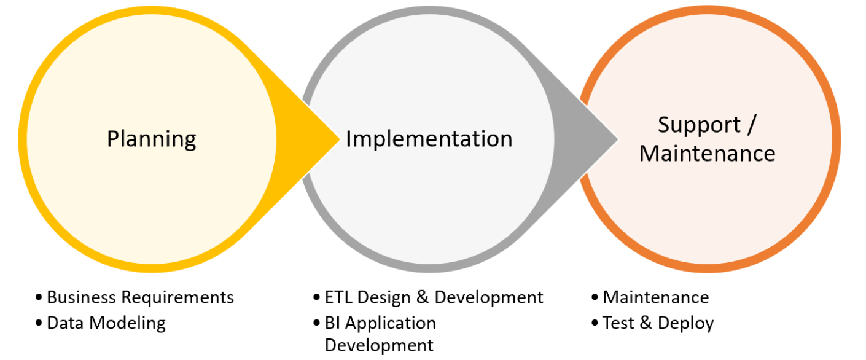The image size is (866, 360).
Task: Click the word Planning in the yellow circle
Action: [152, 139]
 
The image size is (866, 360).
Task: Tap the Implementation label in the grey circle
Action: [429, 139]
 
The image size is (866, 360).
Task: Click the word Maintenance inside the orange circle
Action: [707, 154]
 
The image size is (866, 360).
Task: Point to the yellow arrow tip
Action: [340, 139]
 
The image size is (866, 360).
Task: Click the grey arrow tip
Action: [618, 139]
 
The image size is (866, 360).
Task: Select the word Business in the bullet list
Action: [81, 297]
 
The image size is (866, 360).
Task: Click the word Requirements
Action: [177, 298]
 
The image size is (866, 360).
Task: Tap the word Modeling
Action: [128, 324]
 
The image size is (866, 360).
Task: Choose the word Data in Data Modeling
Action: [65, 323]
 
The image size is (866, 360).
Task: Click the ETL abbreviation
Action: [338, 297]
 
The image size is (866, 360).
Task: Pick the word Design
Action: [384, 298]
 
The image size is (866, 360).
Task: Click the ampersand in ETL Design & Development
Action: [423, 297]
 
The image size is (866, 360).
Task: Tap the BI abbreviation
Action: [332, 323]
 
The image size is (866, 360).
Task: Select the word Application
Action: [391, 324]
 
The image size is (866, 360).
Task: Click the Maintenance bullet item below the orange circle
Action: [656, 297]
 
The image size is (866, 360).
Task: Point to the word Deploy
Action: [686, 324]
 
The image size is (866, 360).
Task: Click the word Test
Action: [618, 323]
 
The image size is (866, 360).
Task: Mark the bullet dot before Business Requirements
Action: [39, 297]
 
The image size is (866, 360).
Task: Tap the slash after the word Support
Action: [752, 125]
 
